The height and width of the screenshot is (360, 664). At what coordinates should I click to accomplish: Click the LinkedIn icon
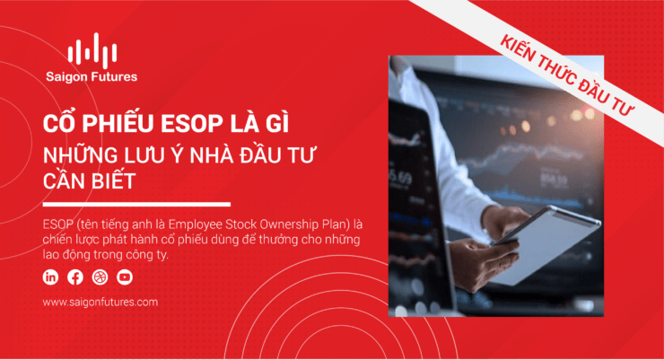tap(50, 277)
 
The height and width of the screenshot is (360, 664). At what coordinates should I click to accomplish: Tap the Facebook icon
tap(75, 277)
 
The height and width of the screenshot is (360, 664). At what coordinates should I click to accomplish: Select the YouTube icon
tap(125, 277)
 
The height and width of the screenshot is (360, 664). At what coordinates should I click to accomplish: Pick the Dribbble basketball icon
tap(100, 277)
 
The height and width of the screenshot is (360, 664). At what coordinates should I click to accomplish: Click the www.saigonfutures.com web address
tap(100, 302)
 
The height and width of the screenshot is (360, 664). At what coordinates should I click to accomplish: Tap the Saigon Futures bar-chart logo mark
tap(92, 50)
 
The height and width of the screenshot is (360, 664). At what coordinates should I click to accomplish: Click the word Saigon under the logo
tap(66, 77)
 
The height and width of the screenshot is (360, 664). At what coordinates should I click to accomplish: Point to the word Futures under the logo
tap(114, 76)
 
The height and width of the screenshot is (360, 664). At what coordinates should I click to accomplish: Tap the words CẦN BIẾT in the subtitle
tap(89, 180)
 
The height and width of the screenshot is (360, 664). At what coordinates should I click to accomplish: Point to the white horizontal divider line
tap(136, 204)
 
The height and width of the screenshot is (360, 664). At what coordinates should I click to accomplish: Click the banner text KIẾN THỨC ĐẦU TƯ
tap(567, 75)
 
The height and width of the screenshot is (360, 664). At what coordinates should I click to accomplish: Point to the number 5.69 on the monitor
tap(400, 178)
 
